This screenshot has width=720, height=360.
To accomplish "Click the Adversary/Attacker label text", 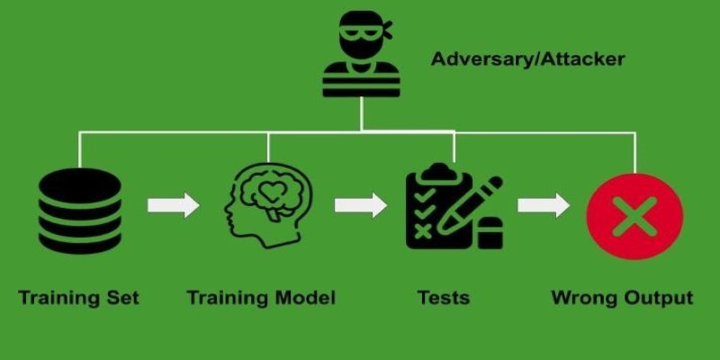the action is [x=528, y=59].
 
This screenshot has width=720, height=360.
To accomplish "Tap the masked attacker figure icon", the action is [x=362, y=54].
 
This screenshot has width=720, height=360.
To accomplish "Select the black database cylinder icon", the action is [x=80, y=211].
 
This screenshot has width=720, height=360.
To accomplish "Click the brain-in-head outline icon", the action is [x=268, y=205].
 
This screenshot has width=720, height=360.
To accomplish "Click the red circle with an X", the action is [x=634, y=216].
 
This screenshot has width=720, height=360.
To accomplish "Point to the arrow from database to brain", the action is [x=173, y=205].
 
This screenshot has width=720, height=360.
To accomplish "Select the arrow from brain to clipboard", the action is [x=361, y=205].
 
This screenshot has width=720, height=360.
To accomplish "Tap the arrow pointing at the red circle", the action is [x=544, y=205].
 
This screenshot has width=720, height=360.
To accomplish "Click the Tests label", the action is [x=444, y=298].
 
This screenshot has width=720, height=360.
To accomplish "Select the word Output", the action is [x=654, y=299].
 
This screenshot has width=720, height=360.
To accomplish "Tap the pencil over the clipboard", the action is [x=469, y=205].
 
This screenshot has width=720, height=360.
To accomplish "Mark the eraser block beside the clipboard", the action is [x=490, y=233].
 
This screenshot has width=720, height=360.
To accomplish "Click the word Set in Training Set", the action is [x=122, y=299].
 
